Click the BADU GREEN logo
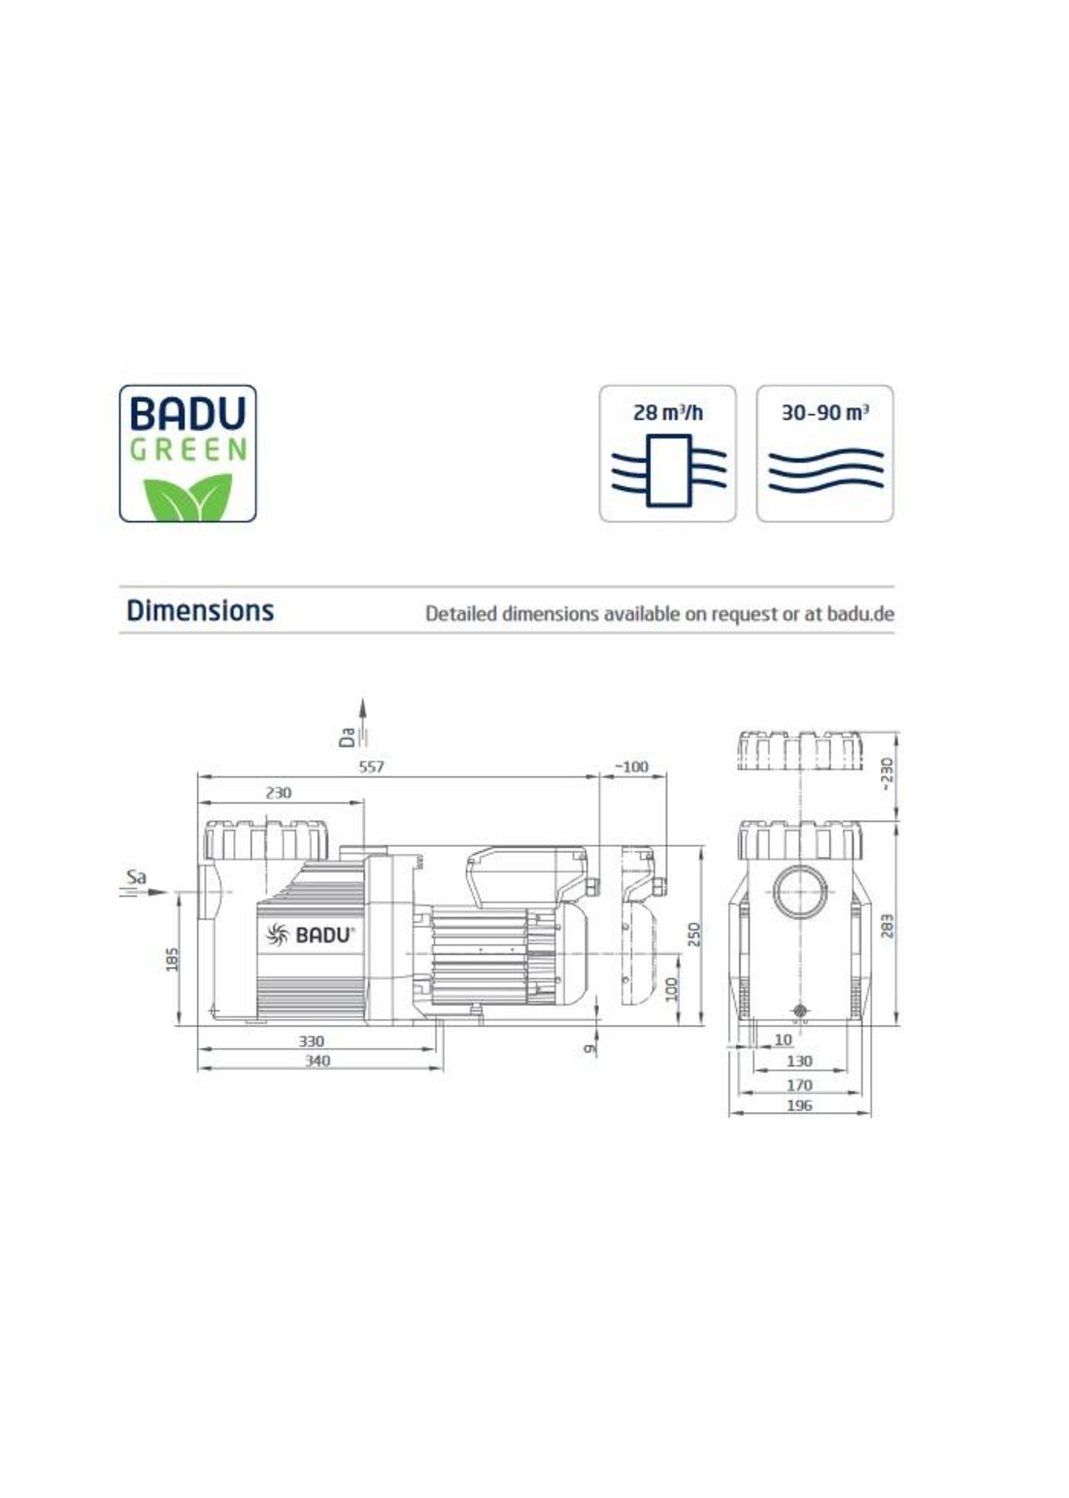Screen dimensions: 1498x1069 (x=188, y=453)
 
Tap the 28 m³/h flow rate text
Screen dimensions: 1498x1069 (x=667, y=413)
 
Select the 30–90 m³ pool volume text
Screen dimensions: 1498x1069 (x=825, y=413)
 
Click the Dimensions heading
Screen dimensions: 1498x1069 (x=200, y=611)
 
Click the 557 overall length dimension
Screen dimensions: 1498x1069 (x=371, y=767)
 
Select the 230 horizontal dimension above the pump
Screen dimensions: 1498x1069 (x=278, y=793)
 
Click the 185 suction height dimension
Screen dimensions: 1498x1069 (x=172, y=959)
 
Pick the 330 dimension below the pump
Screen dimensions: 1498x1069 (x=311, y=1041)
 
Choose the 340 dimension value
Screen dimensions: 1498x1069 (x=317, y=1061)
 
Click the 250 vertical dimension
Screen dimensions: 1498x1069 (x=694, y=935)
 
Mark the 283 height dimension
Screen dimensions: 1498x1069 (x=887, y=925)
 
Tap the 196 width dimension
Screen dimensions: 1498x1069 (x=799, y=1106)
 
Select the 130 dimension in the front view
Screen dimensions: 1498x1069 (x=799, y=1061)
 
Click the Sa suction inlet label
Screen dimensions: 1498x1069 (x=137, y=878)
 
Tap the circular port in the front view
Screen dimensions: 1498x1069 (x=799, y=893)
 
